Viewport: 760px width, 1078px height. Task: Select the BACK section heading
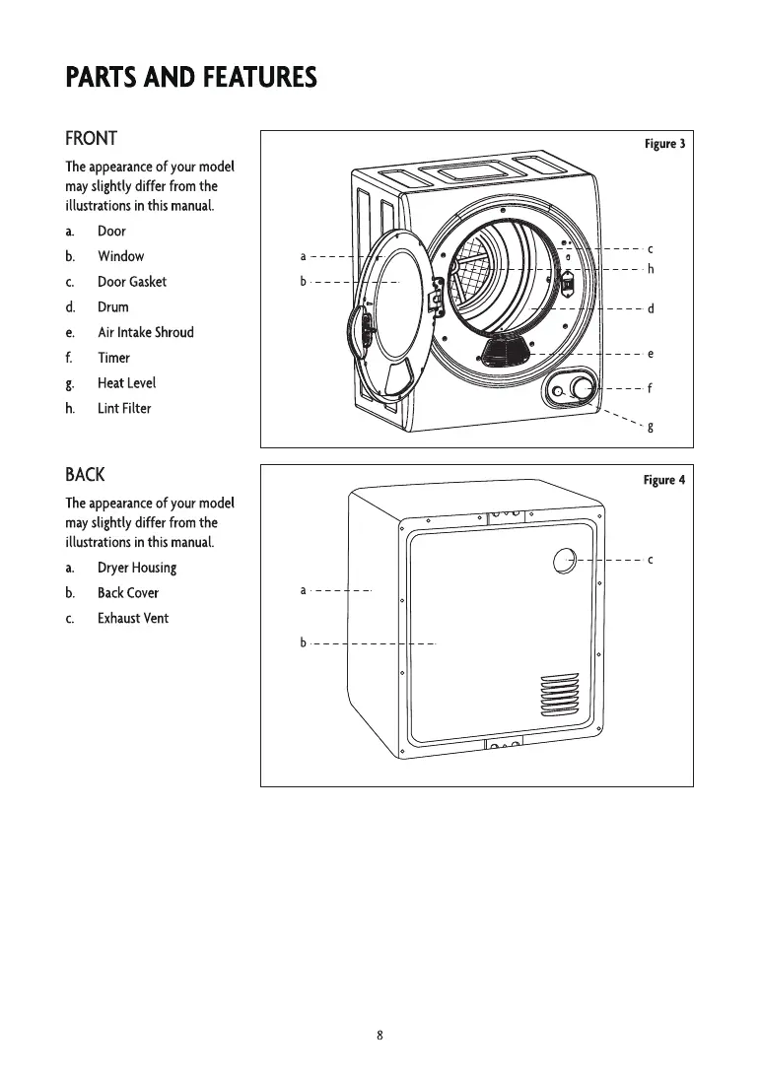click(85, 475)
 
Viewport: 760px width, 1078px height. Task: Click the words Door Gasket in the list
click(132, 282)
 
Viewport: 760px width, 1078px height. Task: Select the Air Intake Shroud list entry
click(146, 332)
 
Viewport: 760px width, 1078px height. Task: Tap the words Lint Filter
click(124, 408)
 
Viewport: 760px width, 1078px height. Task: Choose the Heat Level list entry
click(126, 383)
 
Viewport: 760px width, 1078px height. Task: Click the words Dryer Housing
click(137, 569)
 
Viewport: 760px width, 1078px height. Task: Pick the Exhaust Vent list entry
click(133, 619)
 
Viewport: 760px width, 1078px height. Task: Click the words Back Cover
click(128, 593)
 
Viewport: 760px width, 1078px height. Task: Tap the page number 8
click(380, 1035)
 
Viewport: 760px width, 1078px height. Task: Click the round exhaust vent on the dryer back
click(565, 561)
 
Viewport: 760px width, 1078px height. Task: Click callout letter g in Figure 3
click(651, 428)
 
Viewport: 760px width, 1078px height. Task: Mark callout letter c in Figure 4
click(651, 560)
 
